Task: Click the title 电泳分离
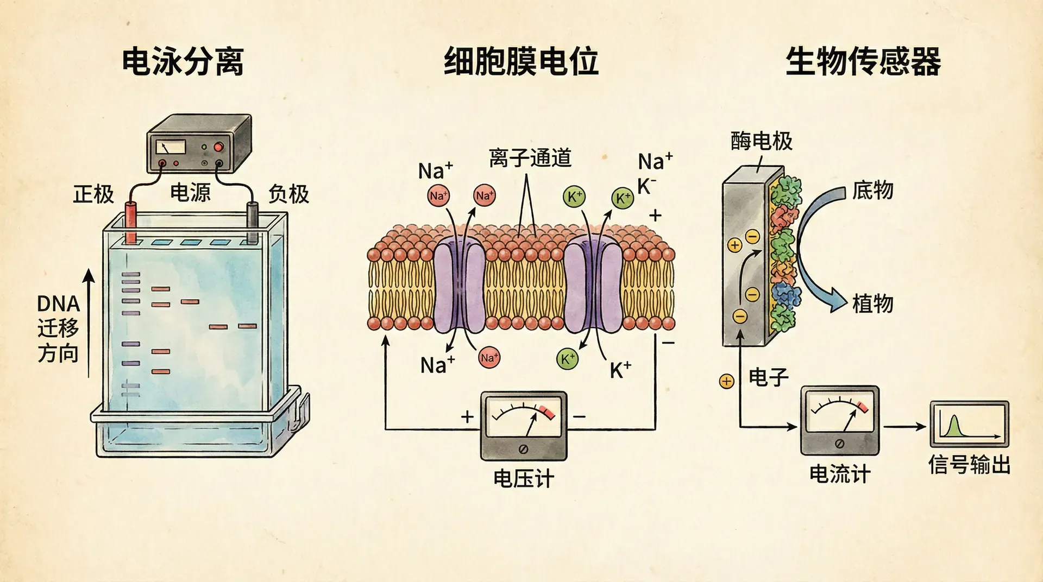(183, 61)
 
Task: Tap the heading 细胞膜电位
(521, 61)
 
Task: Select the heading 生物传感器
(863, 61)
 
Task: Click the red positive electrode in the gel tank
(131, 223)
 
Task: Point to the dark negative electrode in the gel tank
(253, 223)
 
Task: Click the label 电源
(190, 193)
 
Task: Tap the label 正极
(93, 194)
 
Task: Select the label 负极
(288, 194)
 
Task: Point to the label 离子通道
(530, 158)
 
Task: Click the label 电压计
(523, 479)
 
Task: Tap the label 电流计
(839, 474)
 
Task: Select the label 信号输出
(969, 465)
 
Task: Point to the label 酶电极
(761, 141)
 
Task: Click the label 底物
(872, 191)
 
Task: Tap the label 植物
(872, 303)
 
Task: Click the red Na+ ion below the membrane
(489, 358)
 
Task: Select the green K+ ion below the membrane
(567, 359)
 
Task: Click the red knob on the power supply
(218, 147)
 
